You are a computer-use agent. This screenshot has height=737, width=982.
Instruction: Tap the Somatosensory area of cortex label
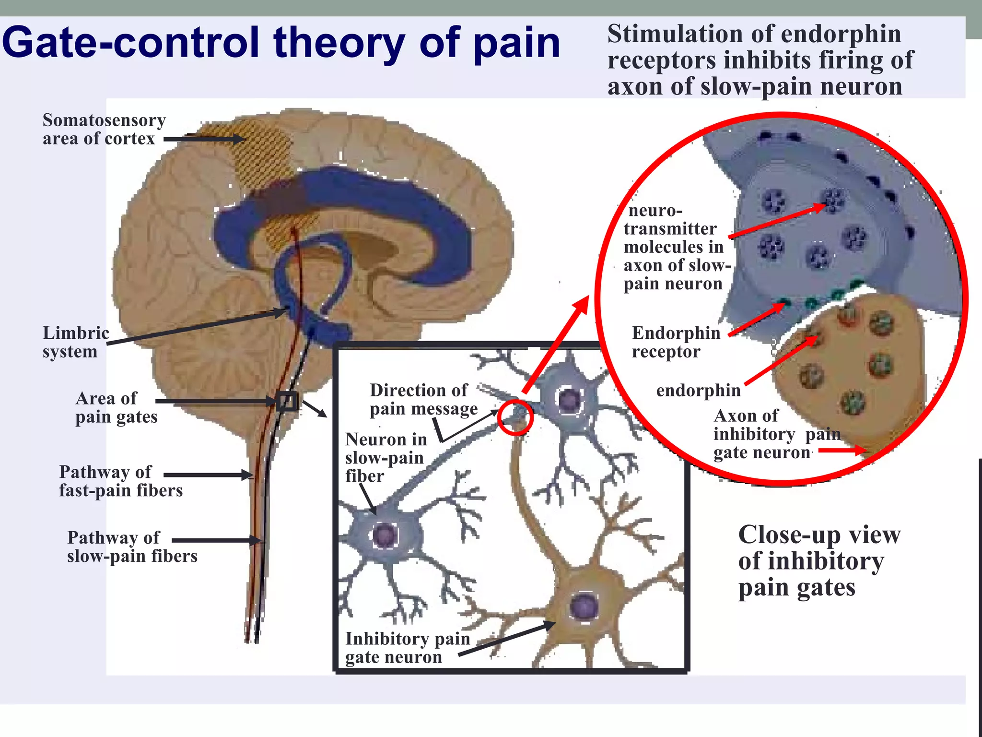click(104, 129)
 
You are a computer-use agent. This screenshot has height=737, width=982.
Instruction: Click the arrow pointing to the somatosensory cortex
click(204, 139)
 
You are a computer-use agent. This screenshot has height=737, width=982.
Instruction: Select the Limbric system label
click(75, 342)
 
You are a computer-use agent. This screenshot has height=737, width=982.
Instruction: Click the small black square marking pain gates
click(287, 401)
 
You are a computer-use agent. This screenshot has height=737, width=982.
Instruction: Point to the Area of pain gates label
click(116, 407)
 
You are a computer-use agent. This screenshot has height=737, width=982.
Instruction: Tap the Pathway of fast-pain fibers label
click(120, 481)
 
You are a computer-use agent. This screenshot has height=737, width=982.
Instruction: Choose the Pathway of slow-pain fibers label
click(132, 547)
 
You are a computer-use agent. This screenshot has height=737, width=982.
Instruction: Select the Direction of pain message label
click(423, 399)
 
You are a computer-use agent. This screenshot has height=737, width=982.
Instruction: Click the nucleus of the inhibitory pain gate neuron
click(584, 606)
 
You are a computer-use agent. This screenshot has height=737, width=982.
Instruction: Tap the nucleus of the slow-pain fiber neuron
click(385, 535)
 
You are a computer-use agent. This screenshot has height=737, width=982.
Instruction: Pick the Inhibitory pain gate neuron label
click(407, 647)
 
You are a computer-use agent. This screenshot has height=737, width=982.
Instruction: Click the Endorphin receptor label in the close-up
click(675, 342)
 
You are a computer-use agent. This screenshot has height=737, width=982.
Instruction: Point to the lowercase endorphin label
click(698, 390)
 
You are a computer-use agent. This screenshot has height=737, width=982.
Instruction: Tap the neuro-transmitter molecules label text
click(676, 247)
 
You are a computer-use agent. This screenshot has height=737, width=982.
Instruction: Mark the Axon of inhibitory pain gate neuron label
click(776, 434)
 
